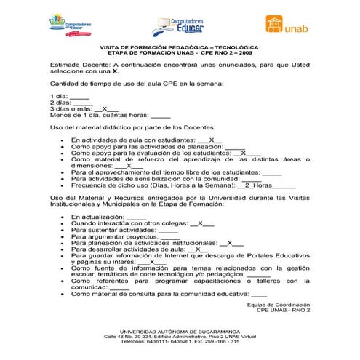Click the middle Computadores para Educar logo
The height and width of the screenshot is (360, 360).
click(x=181, y=26)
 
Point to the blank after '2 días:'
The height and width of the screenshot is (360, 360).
click(x=81, y=103)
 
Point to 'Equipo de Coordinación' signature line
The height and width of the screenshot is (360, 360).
click(x=279, y=305)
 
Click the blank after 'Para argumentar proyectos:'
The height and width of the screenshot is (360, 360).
click(x=169, y=236)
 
